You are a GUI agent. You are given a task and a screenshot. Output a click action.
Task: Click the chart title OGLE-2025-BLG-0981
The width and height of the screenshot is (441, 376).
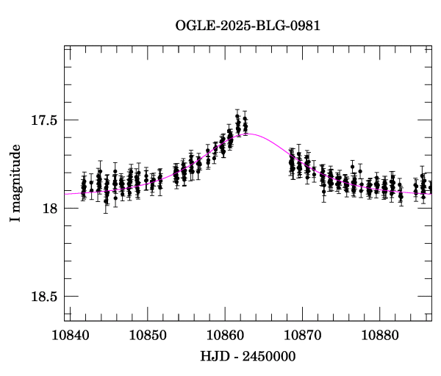pyautogui.click(x=248, y=26)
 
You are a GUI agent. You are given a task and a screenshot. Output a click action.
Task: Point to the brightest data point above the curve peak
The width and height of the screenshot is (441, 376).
pyautogui.click(x=237, y=115)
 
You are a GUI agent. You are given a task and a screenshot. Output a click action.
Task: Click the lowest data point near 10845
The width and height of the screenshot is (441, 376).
pyautogui.click(x=106, y=200)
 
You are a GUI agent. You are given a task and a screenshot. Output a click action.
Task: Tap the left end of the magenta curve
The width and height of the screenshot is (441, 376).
pyautogui.click(x=66, y=194)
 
